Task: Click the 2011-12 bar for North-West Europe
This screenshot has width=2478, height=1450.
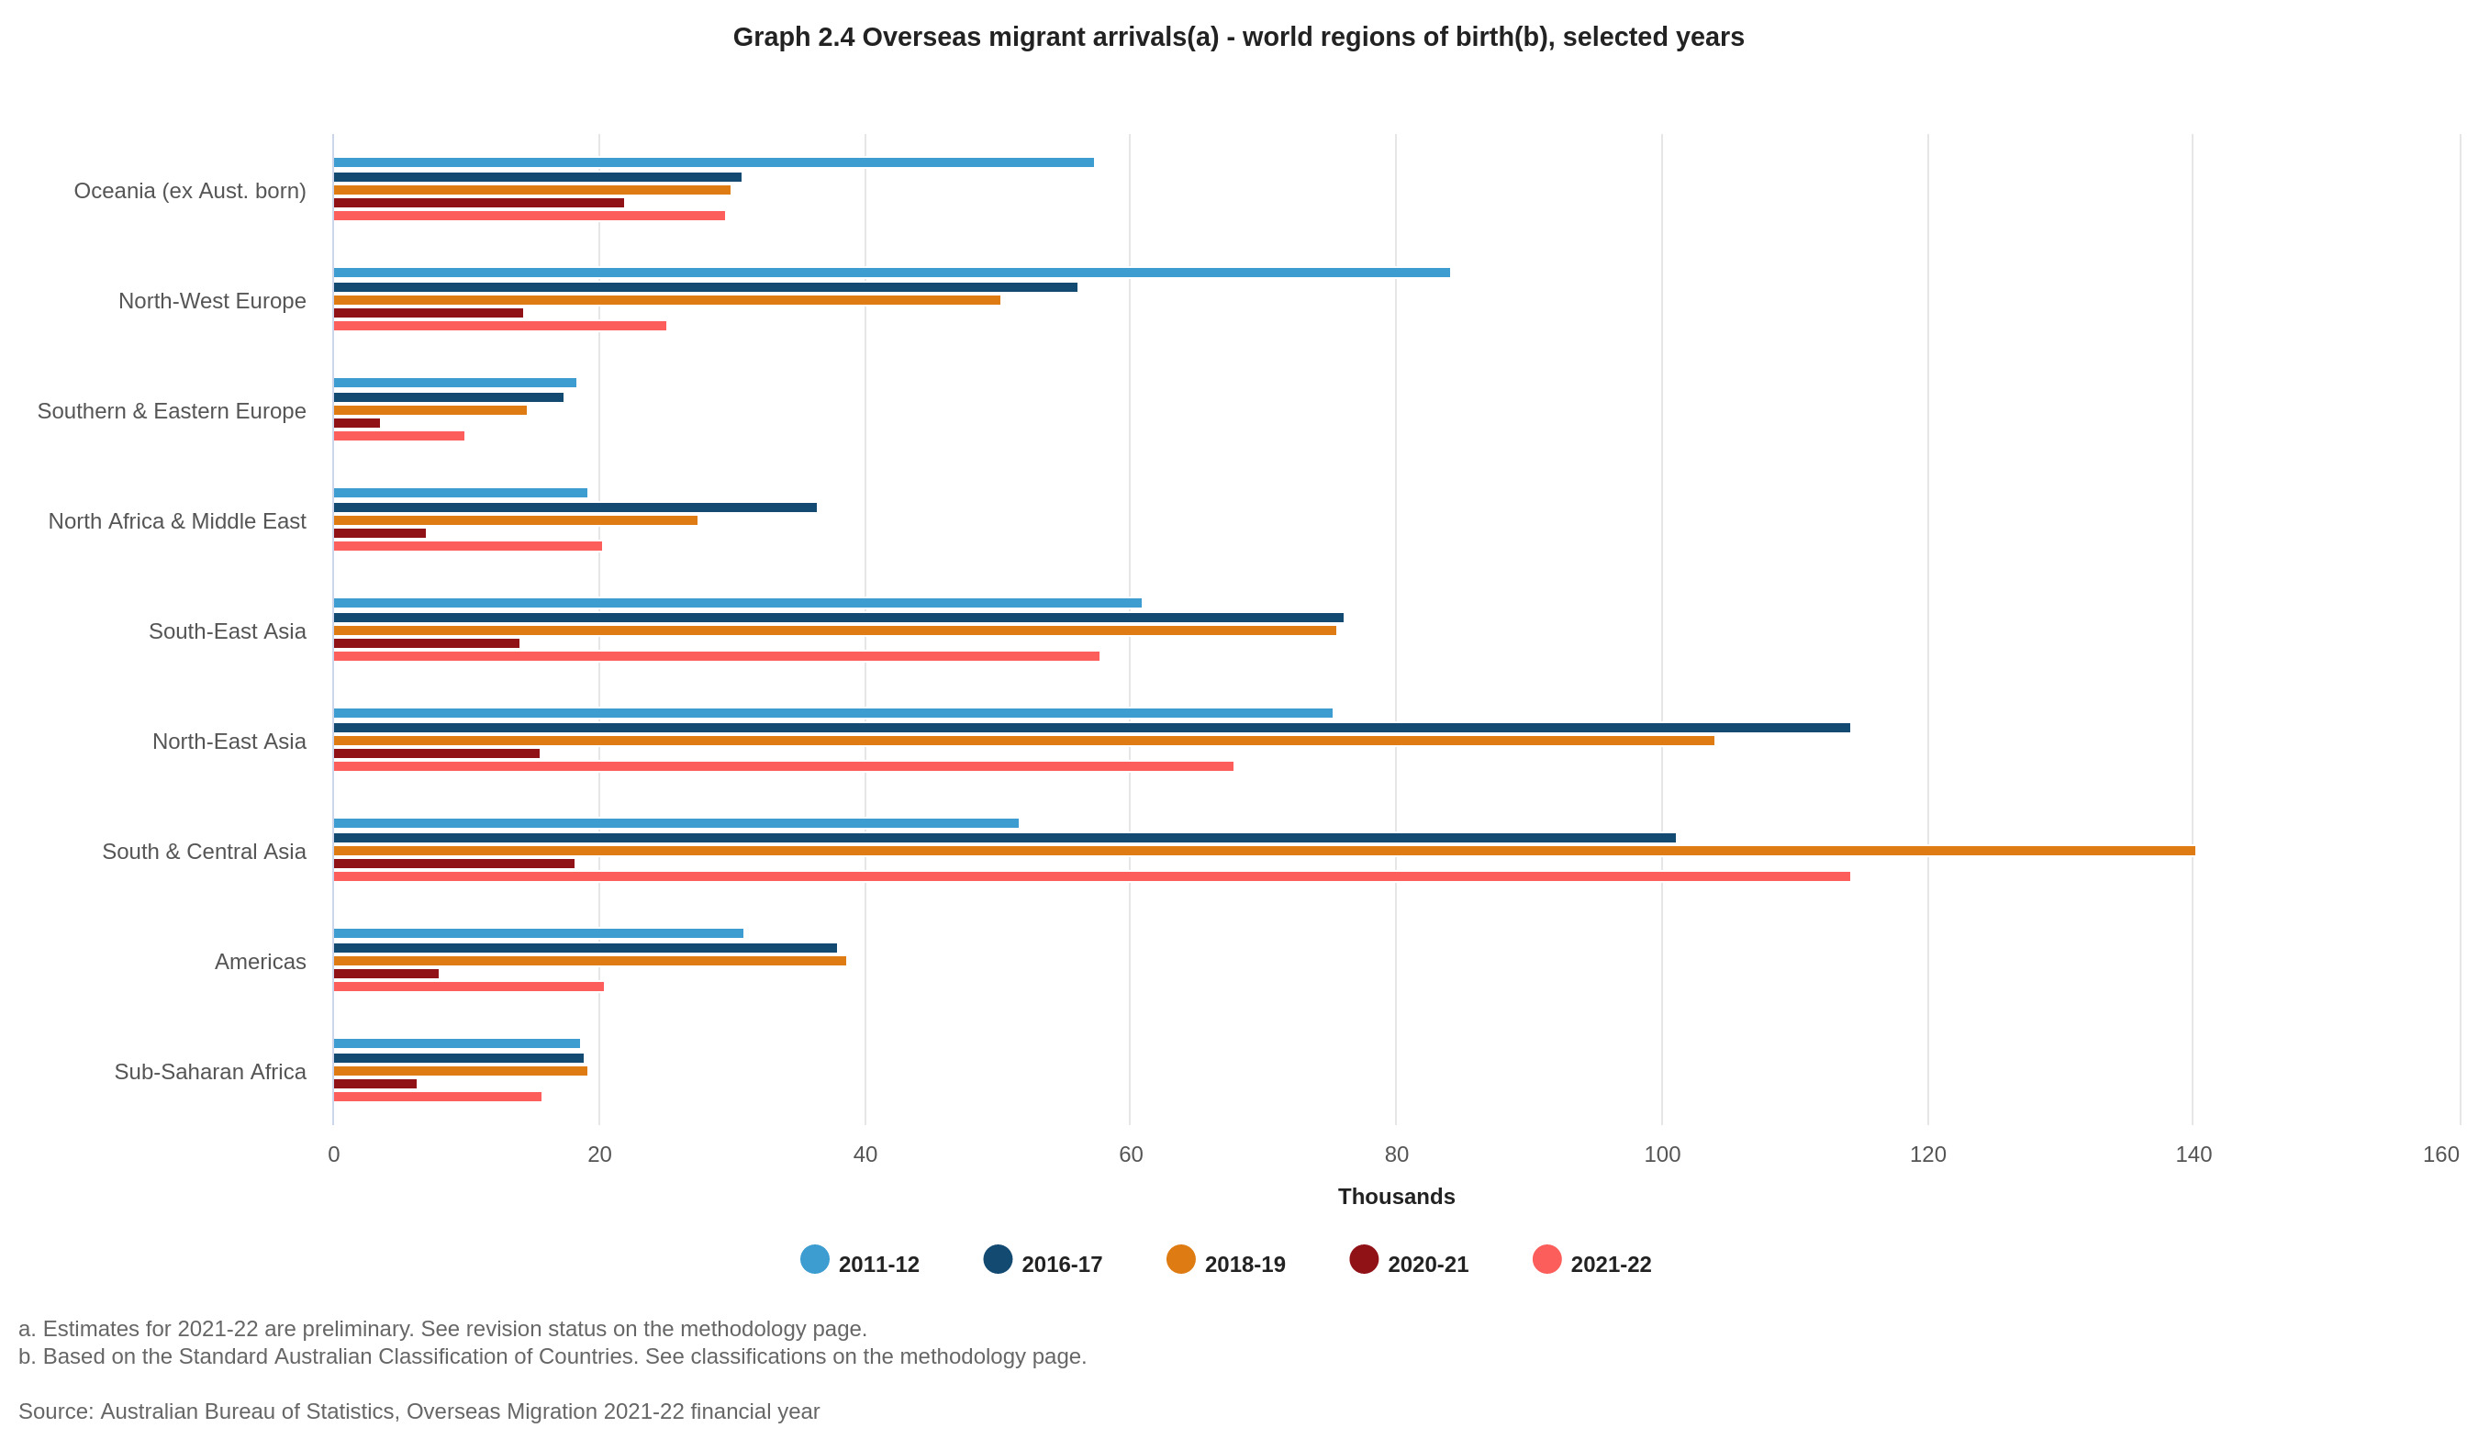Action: coord(891,273)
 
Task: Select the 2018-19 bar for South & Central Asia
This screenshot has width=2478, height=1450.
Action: coord(1264,851)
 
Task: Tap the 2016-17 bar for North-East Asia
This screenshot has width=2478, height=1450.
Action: coord(1091,728)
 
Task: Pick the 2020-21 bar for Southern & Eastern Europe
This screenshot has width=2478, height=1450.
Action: coord(357,423)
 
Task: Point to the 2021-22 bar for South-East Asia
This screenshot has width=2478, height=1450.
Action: coord(716,655)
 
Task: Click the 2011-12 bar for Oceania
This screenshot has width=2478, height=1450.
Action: coord(713,162)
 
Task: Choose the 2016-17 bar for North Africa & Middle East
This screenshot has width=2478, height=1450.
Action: coord(575,507)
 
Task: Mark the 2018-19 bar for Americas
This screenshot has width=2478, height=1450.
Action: coord(590,961)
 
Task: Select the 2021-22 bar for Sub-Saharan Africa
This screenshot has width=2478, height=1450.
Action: coord(438,1096)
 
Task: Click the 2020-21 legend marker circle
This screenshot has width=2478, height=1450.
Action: coord(1363,1259)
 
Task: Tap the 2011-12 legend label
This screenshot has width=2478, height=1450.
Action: coord(878,1265)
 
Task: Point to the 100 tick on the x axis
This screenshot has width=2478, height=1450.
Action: coord(1662,1154)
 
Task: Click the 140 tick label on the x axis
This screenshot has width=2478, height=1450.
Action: coord(2193,1154)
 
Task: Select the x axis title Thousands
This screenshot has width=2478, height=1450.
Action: coord(1395,1197)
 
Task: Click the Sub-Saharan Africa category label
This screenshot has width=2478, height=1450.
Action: coord(209,1072)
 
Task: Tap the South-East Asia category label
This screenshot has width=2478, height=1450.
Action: coord(228,631)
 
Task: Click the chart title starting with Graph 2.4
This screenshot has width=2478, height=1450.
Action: coord(1238,38)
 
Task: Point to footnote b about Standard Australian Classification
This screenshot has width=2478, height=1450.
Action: coord(552,1356)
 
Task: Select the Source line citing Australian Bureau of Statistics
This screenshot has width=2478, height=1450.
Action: coord(419,1411)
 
